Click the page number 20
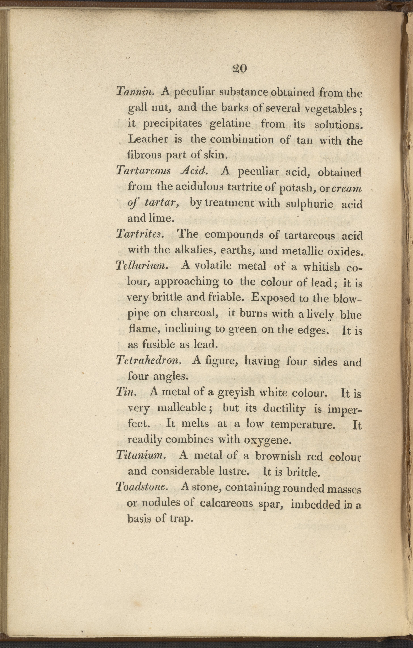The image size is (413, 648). [239, 69]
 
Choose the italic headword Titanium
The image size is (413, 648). [140, 455]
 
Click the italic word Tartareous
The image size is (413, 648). [143, 171]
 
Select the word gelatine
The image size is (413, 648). [230, 124]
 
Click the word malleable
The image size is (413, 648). [182, 408]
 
